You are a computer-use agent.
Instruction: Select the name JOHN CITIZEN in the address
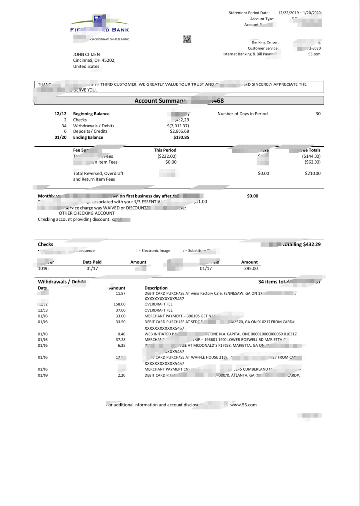click(87, 54)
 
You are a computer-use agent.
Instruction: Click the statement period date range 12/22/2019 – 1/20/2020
click(300, 13)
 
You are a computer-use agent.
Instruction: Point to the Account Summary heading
click(159, 101)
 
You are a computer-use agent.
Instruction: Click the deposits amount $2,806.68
click(179, 131)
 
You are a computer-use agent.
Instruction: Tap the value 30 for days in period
click(318, 114)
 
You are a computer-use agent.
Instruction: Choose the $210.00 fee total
click(313, 173)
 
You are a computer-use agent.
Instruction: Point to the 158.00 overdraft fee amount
click(119, 304)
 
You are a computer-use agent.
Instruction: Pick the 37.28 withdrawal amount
click(120, 340)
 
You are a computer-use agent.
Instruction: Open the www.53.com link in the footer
click(243, 405)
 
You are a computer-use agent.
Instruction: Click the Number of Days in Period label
click(242, 114)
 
